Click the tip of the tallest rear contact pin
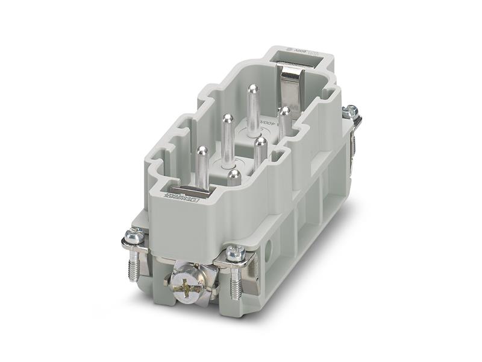(x=252, y=90)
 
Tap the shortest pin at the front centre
(x=234, y=177)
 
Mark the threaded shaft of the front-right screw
(x=236, y=281)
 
